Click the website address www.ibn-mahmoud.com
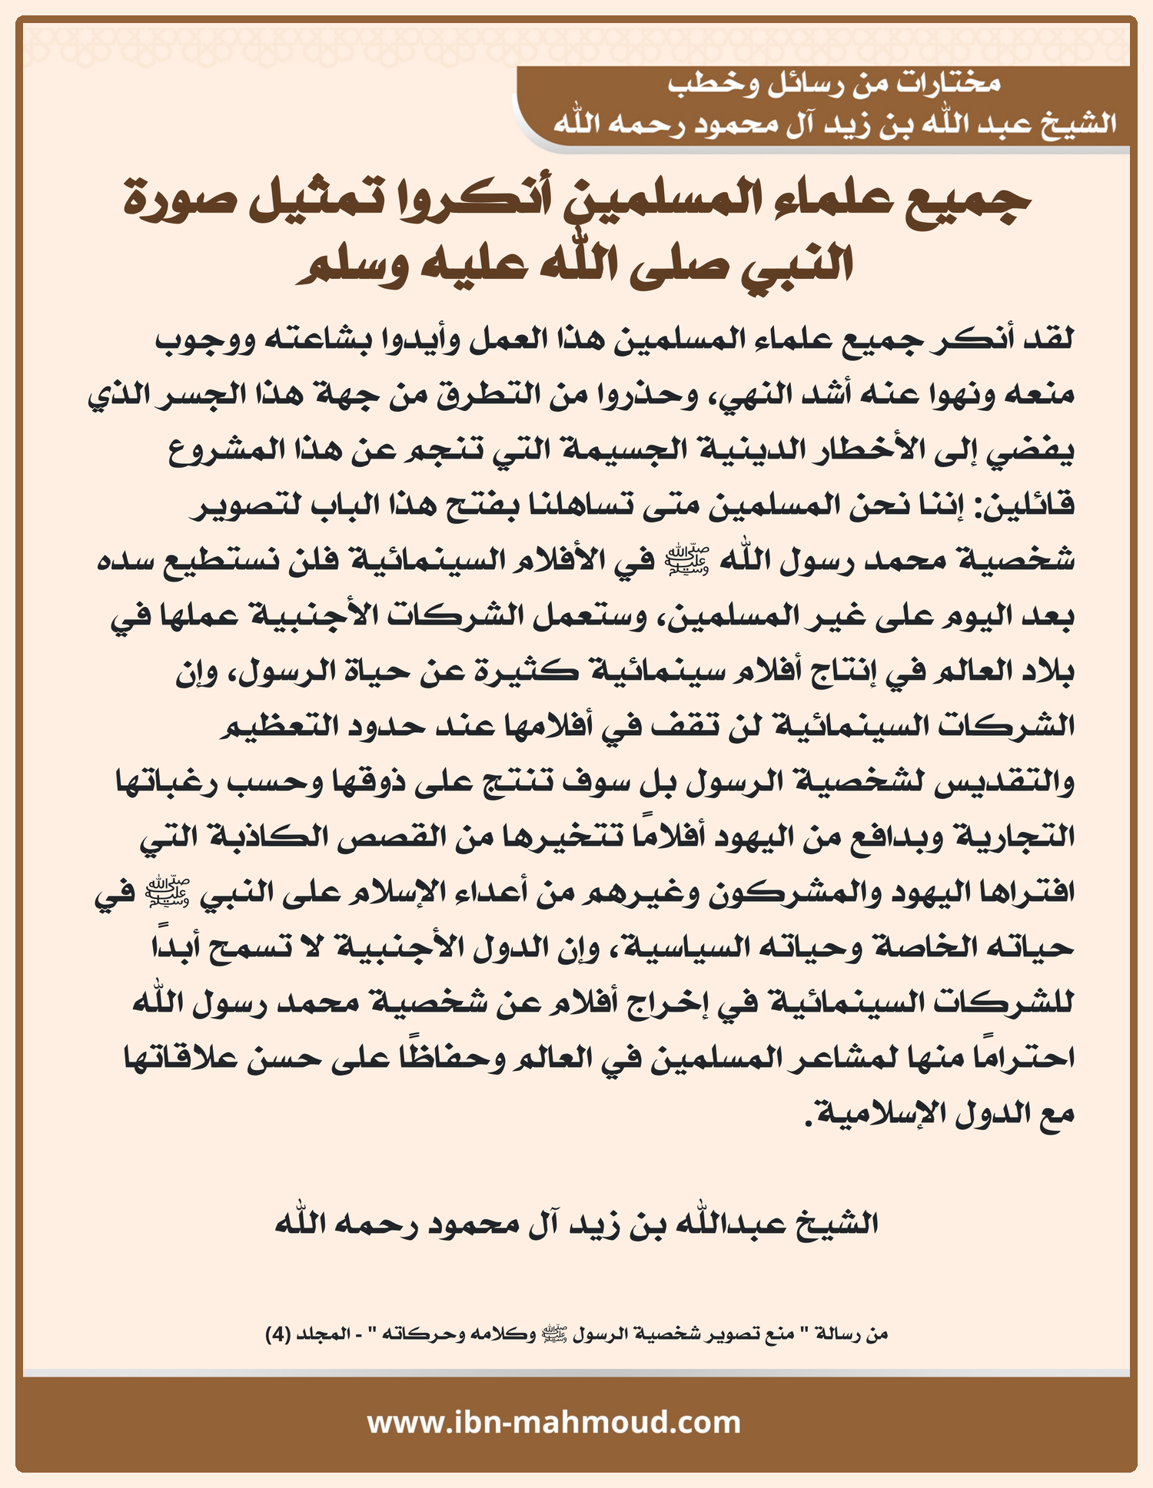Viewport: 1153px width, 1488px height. click(554, 1422)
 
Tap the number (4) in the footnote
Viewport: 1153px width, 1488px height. click(277, 1334)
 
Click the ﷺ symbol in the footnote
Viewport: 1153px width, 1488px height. click(555, 1334)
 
